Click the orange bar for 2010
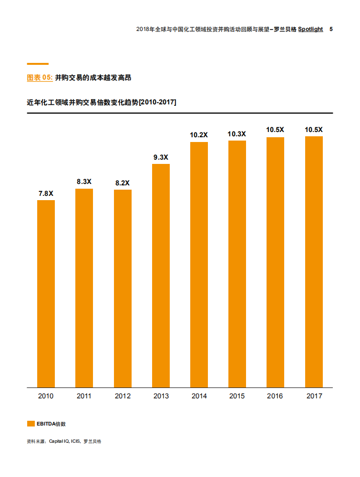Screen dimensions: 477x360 (46, 294)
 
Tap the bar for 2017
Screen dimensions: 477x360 (314, 262)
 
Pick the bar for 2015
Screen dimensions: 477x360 (237, 264)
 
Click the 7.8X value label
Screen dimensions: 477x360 (46, 193)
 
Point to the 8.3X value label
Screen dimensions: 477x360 (84, 182)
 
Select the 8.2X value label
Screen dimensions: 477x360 (123, 183)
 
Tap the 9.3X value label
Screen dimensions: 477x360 (161, 157)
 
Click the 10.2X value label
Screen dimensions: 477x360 (199, 135)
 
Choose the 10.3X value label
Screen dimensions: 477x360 (237, 134)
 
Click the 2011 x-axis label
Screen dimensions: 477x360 (84, 396)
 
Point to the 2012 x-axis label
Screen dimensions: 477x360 (123, 396)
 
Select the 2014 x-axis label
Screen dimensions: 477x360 (199, 396)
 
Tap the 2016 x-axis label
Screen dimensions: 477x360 (275, 396)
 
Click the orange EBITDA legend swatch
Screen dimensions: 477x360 (31, 424)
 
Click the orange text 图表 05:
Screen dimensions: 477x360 (40, 77)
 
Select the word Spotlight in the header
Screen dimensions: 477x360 (310, 29)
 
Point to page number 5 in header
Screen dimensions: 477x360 (331, 29)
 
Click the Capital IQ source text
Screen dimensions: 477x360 (59, 441)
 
